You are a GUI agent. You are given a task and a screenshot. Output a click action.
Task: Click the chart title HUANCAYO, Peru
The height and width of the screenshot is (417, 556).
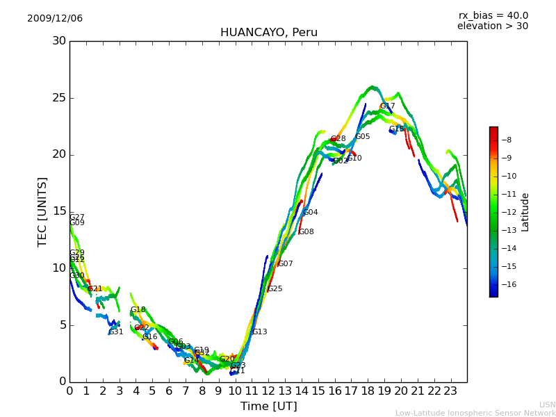268,33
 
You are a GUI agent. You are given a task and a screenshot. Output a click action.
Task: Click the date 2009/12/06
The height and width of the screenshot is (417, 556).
55,19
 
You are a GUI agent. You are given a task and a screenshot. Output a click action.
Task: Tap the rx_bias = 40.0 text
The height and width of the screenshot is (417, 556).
493,16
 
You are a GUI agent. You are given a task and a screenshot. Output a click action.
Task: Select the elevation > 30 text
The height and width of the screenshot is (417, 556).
492,26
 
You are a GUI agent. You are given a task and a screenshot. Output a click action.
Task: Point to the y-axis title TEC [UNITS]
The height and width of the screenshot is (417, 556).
42,211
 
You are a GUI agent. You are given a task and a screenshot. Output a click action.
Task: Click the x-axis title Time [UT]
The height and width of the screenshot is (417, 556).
268,407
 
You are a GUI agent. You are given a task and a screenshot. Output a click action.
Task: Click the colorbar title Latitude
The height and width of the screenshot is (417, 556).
525,212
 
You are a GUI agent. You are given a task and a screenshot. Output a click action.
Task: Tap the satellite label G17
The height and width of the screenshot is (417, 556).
387,106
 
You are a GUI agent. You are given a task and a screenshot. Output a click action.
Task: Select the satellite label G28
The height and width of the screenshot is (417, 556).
338,139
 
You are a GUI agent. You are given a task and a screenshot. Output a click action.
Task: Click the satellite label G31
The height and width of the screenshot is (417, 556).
116,332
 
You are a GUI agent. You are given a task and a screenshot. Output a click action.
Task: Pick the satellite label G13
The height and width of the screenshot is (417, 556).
259,332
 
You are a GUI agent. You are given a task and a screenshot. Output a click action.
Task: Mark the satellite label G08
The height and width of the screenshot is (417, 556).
306,232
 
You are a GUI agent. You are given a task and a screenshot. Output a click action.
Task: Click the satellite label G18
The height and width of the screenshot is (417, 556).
138,310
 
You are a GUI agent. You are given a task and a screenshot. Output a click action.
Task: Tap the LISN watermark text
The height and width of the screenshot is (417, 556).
547,404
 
